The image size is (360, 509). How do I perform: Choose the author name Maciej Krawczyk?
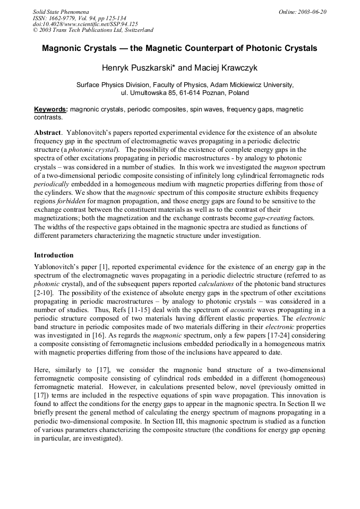pos(223,67)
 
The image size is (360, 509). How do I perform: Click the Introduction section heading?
pos(54,255)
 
